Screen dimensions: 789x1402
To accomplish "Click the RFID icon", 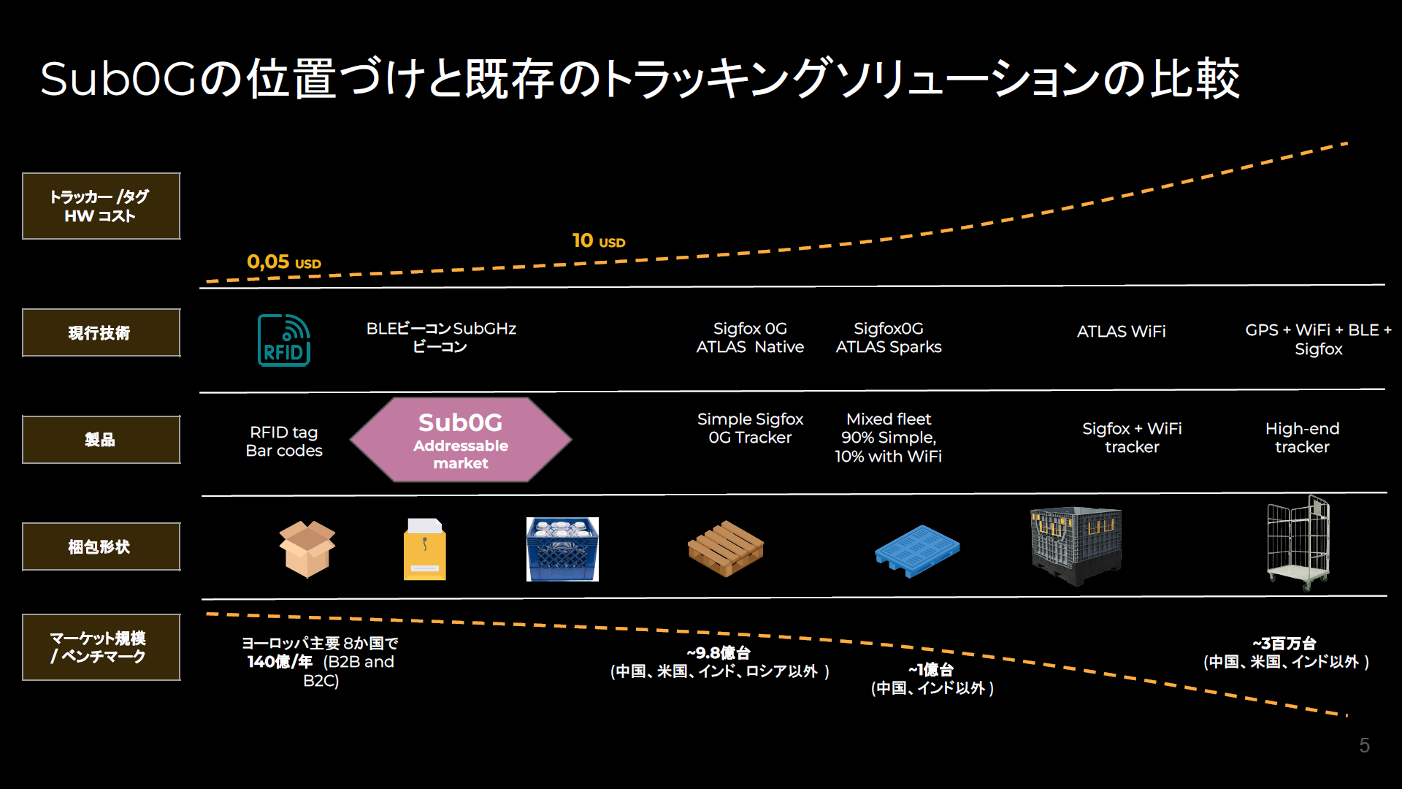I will [284, 340].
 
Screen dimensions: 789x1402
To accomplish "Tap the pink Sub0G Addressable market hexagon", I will [461, 441].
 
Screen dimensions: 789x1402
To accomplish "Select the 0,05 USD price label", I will [284, 262].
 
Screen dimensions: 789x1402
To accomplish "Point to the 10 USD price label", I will [599, 240].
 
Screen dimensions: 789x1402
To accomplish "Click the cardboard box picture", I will [307, 549].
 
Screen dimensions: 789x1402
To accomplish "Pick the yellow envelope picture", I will [425, 549].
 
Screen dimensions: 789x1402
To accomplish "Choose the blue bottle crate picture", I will [562, 549].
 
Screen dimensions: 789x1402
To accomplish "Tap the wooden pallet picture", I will [726, 549].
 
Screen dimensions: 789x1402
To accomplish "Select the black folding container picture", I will [1076, 546].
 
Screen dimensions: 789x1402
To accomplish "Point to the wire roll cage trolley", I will [1298, 542].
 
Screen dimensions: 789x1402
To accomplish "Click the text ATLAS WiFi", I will [1122, 332].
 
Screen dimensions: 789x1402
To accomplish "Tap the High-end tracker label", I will [1302, 438].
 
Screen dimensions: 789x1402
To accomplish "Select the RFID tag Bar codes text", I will [284, 441].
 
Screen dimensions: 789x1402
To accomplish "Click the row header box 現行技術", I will [101, 333].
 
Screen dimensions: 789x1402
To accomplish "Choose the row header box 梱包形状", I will [101, 546].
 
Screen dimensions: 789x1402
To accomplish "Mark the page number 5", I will [1364, 745].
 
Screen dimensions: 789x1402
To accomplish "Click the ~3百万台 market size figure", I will [1284, 644].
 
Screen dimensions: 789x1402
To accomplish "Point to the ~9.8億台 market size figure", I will [719, 653].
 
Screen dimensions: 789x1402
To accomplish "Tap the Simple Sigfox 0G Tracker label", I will [750, 428].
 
